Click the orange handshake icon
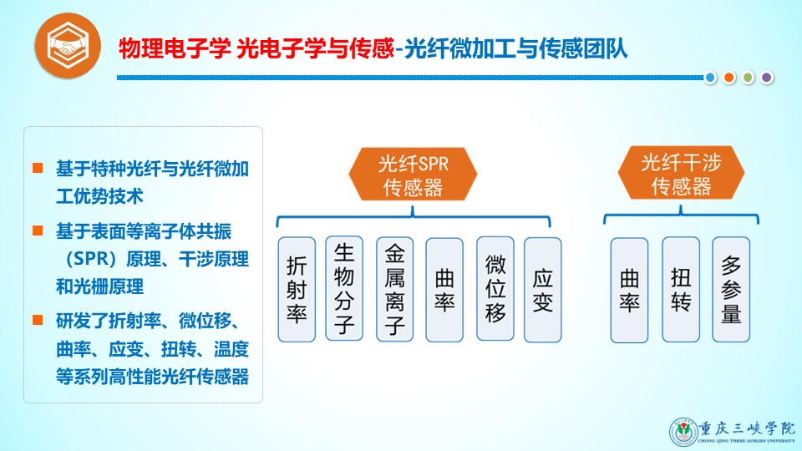tap(68, 45)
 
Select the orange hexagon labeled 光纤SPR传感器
tap(413, 175)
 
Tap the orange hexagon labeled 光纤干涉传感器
tap(681, 173)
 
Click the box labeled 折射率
tap(297, 290)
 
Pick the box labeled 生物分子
tap(344, 288)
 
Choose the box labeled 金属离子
tap(395, 289)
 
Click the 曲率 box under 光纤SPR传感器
tap(444, 290)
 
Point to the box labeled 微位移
tap(495, 288)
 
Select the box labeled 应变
tap(543, 290)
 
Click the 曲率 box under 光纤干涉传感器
tap(629, 290)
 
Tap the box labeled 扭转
tap(681, 290)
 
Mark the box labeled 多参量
tap(731, 289)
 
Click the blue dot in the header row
tap(710, 78)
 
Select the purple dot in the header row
tap(766, 78)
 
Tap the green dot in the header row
tap(748, 78)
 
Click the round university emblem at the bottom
tap(683, 432)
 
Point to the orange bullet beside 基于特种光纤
tap(38, 168)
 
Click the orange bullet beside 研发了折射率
tap(38, 320)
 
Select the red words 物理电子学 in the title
tap(175, 49)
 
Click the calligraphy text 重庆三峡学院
tap(747, 428)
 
